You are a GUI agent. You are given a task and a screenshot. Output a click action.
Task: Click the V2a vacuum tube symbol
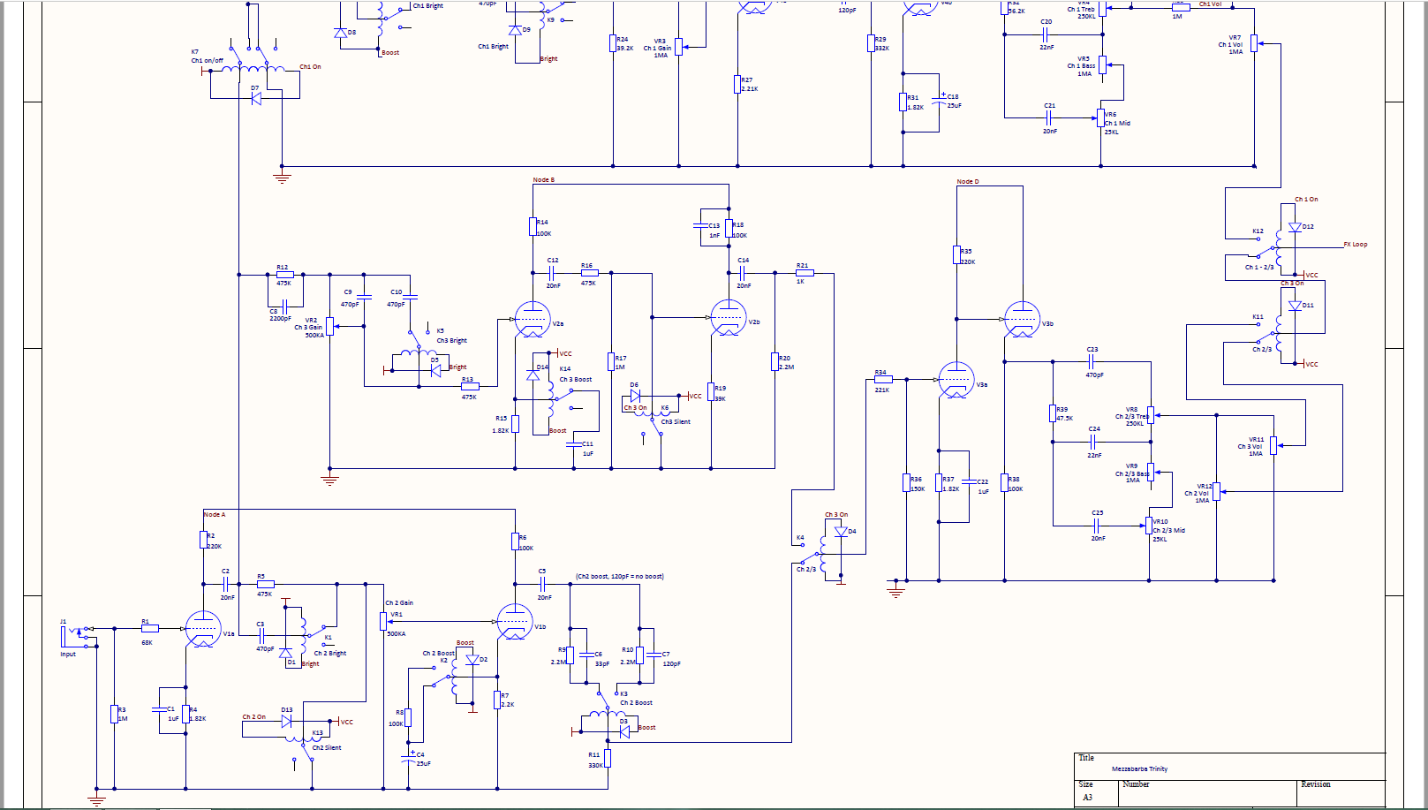pyautogui.click(x=533, y=319)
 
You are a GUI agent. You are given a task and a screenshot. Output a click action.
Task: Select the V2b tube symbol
pyautogui.click(x=729, y=318)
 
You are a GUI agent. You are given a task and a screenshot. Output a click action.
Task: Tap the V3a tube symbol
pyautogui.click(x=956, y=380)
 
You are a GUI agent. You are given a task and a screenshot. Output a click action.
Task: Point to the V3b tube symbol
pyautogui.click(x=1022, y=320)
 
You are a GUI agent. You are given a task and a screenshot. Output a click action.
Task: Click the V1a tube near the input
pyautogui.click(x=203, y=629)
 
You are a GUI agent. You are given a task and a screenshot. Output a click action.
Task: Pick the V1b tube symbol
pyautogui.click(x=515, y=622)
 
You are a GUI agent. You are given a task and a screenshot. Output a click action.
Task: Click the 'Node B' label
pyautogui.click(x=544, y=180)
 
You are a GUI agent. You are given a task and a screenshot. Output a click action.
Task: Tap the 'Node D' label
pyautogui.click(x=968, y=182)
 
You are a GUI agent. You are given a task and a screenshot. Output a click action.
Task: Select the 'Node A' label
pyautogui.click(x=215, y=514)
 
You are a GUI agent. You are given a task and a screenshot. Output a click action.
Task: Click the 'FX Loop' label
pyautogui.click(x=1356, y=245)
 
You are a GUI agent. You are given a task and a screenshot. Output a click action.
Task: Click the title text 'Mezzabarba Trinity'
pyautogui.click(x=1139, y=769)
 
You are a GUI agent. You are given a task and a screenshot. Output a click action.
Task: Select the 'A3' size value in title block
pyautogui.click(x=1088, y=798)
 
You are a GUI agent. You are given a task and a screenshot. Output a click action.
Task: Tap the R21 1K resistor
pyautogui.click(x=805, y=273)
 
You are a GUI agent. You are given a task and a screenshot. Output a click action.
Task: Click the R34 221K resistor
pyautogui.click(x=882, y=379)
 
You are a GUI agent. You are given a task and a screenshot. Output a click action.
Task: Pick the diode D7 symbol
pyautogui.click(x=256, y=99)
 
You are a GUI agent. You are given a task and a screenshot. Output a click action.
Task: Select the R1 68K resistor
pyautogui.click(x=149, y=628)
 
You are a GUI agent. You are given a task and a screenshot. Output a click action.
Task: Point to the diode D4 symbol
pyautogui.click(x=841, y=532)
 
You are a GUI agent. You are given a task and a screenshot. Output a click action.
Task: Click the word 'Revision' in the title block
pyautogui.click(x=1316, y=784)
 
